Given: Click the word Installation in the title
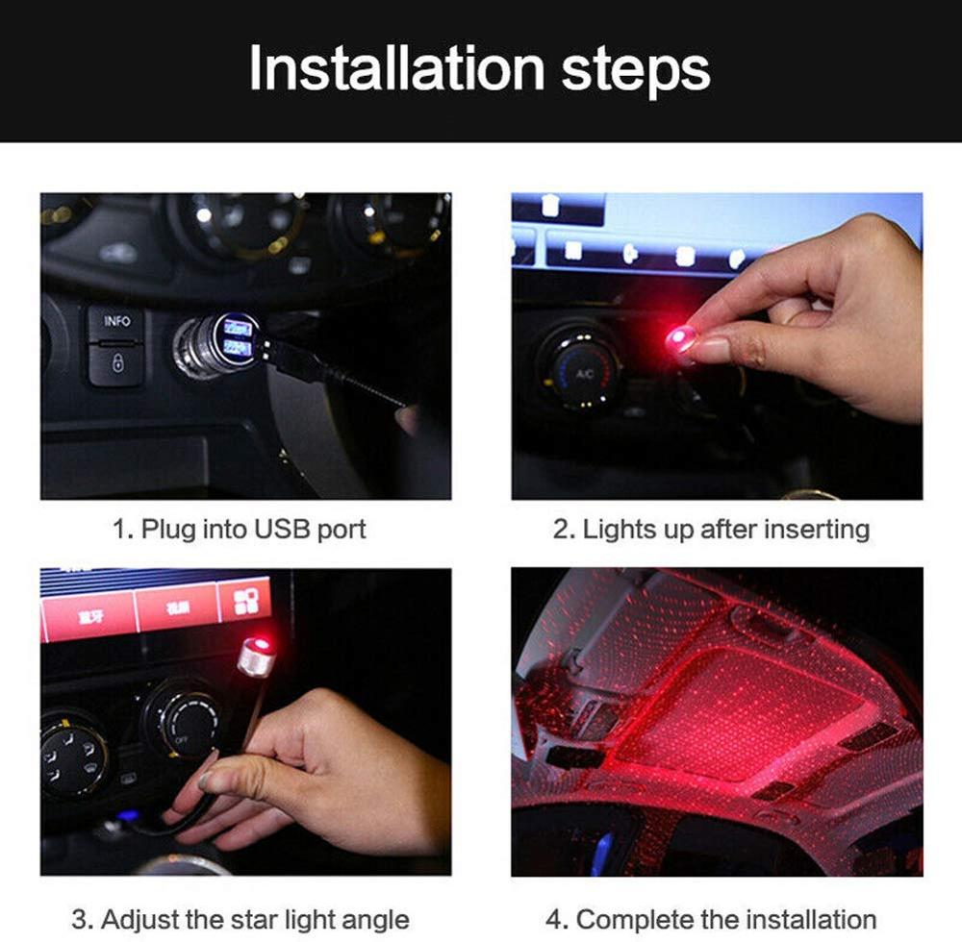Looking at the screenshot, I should click(395, 68).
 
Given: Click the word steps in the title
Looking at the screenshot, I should click(636, 68).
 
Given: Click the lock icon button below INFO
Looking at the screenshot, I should click(116, 364).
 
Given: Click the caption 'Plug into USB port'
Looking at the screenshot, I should click(239, 529).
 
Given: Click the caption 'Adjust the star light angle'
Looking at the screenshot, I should click(240, 919).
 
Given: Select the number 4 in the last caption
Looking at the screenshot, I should click(552, 919).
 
